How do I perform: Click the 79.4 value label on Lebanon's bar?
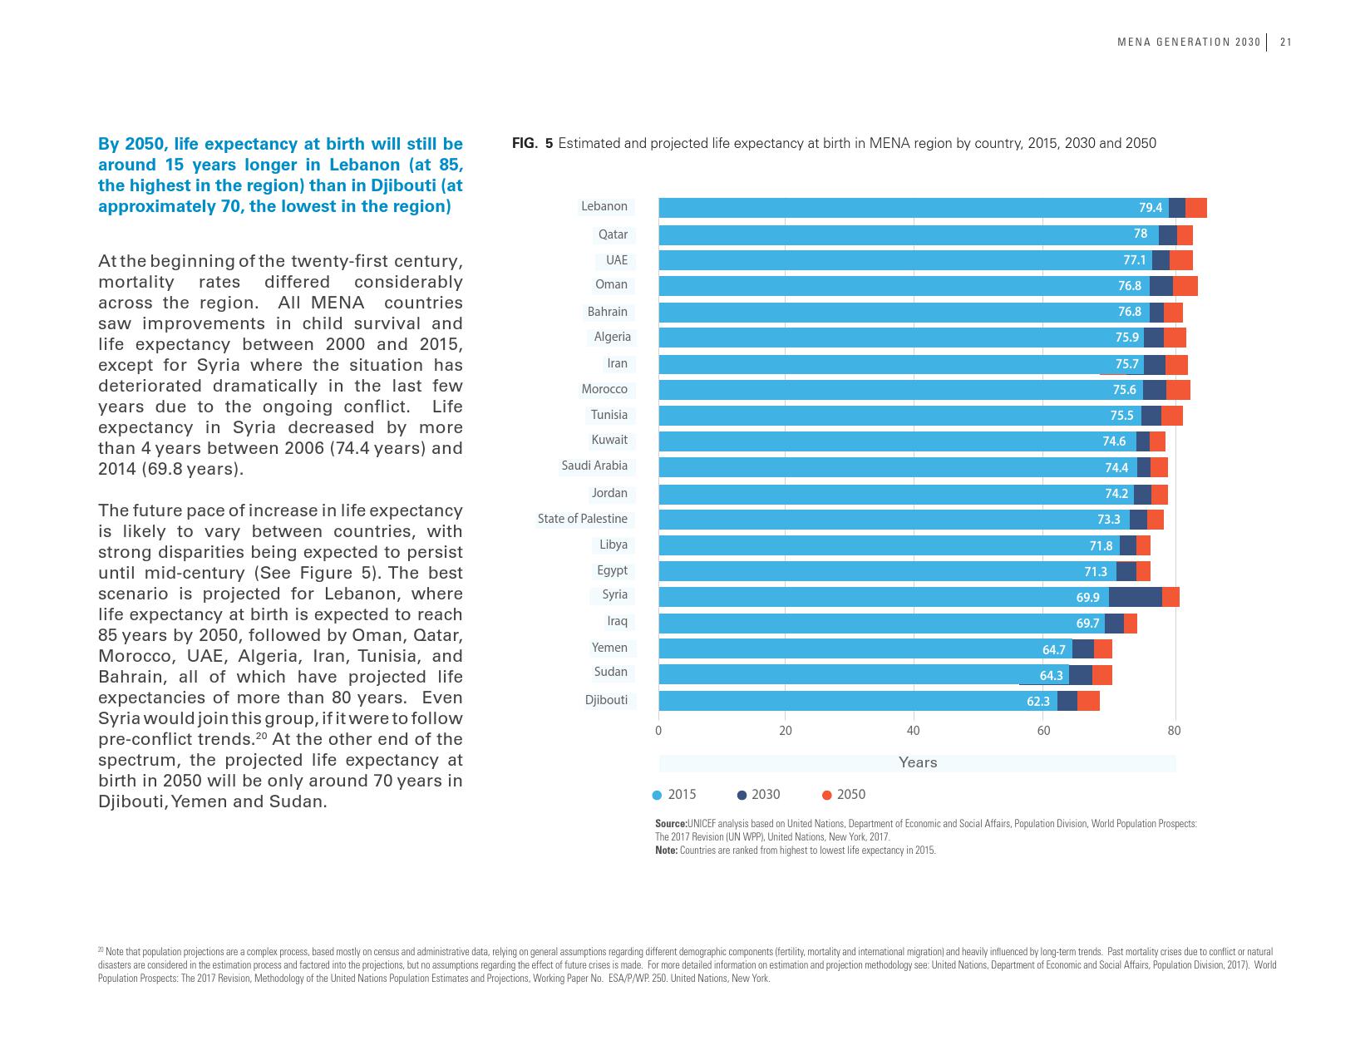[1151, 208]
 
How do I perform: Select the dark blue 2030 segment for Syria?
[1135, 597]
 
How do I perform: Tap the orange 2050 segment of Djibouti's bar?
[1088, 701]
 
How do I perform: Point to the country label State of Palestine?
[582, 519]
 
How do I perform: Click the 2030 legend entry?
[765, 795]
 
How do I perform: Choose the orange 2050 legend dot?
[827, 796]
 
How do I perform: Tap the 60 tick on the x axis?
[1043, 731]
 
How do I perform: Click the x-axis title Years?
[917, 762]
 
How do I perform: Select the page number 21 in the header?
[1285, 43]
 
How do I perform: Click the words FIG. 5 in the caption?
[532, 143]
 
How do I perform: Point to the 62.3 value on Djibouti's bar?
[1038, 701]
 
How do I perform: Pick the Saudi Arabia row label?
[594, 466]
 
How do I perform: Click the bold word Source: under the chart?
[671, 824]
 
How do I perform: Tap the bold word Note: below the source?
[666, 850]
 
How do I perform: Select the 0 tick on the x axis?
[658, 731]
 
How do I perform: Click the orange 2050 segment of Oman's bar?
[1185, 286]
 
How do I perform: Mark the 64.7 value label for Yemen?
[1053, 649]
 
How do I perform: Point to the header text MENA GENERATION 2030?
[1189, 43]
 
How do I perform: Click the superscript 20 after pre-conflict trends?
[260, 735]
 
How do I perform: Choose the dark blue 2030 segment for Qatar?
[1167, 234]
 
